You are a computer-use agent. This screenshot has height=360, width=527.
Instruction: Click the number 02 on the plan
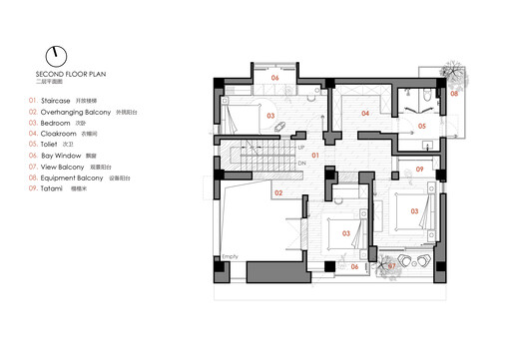(x=280, y=193)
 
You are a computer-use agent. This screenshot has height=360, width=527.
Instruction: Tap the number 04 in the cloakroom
(x=365, y=115)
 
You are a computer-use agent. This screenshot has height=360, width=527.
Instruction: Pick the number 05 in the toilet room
(x=421, y=127)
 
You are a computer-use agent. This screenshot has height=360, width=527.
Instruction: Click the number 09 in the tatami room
(x=420, y=171)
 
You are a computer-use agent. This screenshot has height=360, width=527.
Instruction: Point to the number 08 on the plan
(x=452, y=93)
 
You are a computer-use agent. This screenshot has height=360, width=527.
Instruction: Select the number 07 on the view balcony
(x=392, y=266)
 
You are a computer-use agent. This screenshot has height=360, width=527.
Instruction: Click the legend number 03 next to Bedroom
(x=33, y=129)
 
